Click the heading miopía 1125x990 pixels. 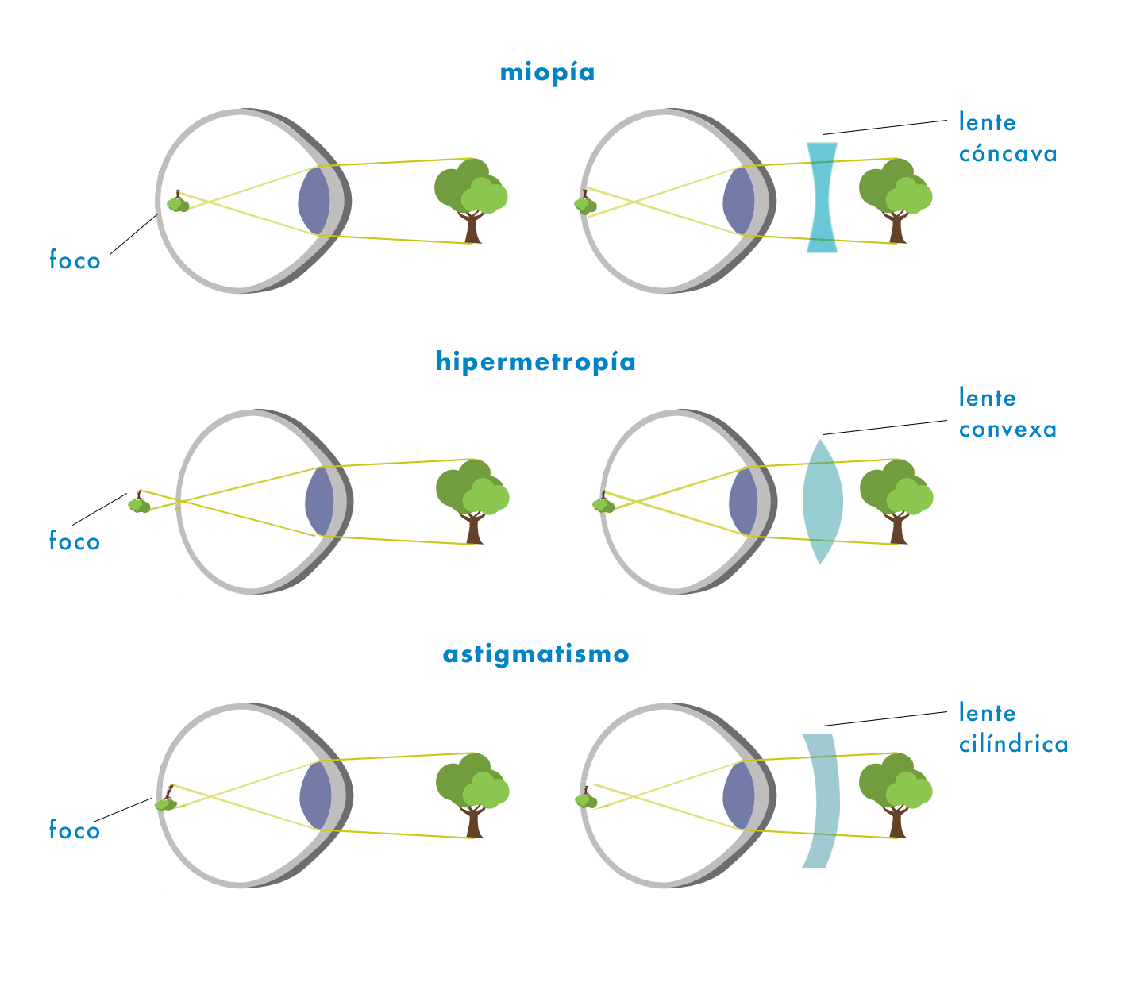[547, 73]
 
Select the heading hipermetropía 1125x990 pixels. [536, 362]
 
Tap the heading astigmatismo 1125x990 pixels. [536, 655]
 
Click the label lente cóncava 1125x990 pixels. [1007, 137]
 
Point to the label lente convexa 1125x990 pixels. [1007, 413]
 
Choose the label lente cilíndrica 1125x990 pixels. [1013, 728]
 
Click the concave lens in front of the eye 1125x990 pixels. [822, 197]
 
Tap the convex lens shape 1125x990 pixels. [822, 502]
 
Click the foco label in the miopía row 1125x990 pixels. [75, 260]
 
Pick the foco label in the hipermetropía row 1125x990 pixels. [75, 541]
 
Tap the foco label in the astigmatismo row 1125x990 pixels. [75, 830]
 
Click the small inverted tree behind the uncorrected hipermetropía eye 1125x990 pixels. [139, 503]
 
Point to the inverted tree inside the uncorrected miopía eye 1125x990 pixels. [178, 203]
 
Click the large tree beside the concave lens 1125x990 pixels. [895, 197]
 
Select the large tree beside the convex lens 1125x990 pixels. [896, 498]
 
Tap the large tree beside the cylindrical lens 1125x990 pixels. [896, 792]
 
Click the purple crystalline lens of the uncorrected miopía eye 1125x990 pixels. [314, 201]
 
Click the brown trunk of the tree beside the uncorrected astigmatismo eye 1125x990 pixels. [474, 823]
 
